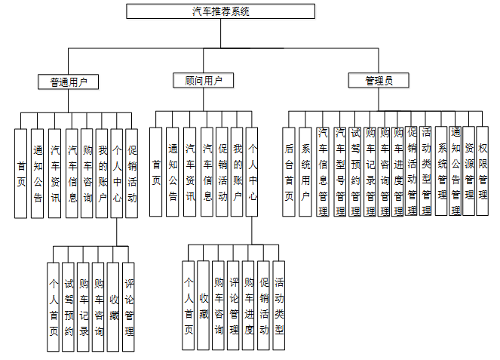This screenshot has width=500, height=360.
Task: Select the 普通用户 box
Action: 69,81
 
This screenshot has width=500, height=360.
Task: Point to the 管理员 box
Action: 378,81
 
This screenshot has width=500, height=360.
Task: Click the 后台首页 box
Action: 289,172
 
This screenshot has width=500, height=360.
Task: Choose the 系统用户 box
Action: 305,172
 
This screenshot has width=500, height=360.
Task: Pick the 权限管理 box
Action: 482,172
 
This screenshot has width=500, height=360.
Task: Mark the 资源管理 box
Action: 468,172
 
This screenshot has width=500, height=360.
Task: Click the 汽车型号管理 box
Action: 339,172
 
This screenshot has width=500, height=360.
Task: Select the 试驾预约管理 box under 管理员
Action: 354,172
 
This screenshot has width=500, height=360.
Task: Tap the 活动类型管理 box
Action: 426,172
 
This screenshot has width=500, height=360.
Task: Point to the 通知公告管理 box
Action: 455,172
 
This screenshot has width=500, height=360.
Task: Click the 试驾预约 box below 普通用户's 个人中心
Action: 69,306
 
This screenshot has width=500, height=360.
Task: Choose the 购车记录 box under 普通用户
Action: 84,306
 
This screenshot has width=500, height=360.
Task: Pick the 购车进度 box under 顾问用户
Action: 249,306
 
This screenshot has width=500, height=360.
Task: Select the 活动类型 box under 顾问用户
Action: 279,306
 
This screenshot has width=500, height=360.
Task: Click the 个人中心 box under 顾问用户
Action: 253,174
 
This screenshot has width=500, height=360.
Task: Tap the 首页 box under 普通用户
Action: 21,174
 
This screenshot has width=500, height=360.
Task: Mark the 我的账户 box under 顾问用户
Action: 237,174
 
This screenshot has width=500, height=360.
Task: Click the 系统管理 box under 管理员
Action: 442,172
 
